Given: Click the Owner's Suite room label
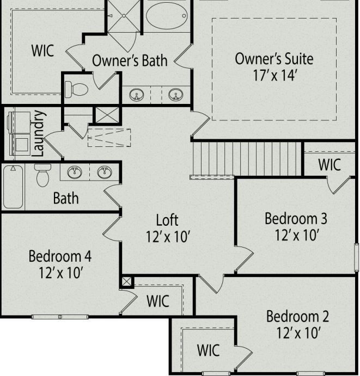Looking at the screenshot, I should (x=274, y=59).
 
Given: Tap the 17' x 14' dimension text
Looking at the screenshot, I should (x=274, y=75).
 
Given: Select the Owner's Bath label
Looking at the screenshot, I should (x=129, y=60).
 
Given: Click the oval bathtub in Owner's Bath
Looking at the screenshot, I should (x=167, y=15).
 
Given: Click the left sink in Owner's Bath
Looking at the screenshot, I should (x=136, y=95).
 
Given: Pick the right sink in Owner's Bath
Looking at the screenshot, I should (x=175, y=95).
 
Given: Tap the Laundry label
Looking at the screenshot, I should (x=38, y=133).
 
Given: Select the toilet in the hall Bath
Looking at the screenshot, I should (x=42, y=175).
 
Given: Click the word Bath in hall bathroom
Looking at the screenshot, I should (x=65, y=198).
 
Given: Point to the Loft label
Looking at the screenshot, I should (x=167, y=220).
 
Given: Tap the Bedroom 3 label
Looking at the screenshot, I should (x=296, y=219).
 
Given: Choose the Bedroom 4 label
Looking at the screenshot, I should (x=60, y=256).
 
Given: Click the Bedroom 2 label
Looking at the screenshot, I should (x=297, y=316).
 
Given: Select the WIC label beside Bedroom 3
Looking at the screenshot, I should (x=330, y=164).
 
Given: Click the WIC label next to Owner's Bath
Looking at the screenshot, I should (x=42, y=51).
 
